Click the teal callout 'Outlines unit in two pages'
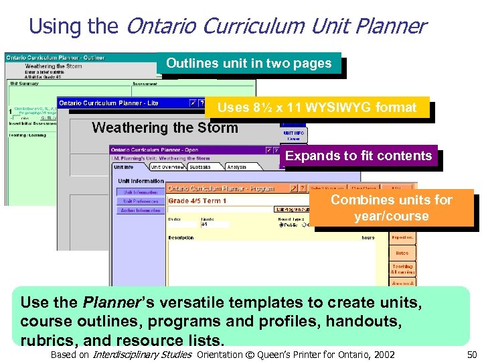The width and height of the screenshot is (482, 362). tap(249, 64)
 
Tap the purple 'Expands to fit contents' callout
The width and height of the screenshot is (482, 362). tap(358, 156)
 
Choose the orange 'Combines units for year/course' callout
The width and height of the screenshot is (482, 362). tap(391, 208)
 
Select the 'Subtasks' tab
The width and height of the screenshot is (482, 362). tap(200, 168)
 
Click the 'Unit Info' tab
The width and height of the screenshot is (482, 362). tap(125, 168)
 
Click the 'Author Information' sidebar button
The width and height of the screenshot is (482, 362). tap(140, 210)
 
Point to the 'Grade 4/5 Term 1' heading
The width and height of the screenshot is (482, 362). tap(197, 201)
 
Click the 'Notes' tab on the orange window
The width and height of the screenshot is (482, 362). tap(402, 253)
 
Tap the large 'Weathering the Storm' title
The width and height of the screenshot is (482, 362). tap(165, 127)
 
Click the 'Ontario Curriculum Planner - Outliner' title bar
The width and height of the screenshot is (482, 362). tap(56, 58)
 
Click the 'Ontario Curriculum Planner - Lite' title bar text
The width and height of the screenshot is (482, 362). tap(108, 103)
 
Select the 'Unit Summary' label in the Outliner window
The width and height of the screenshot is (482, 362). tap(24, 84)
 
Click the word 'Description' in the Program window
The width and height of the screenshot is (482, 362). tap(181, 238)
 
